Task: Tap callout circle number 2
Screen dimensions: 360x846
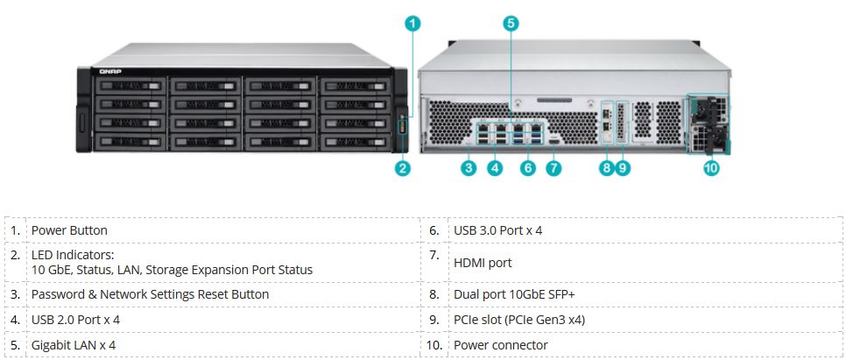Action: coord(403,169)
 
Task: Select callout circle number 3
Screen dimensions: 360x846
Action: coord(469,169)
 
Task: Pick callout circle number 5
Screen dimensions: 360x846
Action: coord(511,25)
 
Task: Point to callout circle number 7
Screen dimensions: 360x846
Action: coord(553,169)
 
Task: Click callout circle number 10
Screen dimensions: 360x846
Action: coord(711,169)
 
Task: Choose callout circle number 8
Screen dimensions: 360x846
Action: coord(606,169)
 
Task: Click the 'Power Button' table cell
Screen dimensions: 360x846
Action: coord(69,230)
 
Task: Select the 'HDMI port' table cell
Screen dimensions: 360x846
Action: coord(483,262)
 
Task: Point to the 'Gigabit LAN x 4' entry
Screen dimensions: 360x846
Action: coord(74,345)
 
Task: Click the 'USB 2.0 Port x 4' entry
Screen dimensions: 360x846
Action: coord(75,320)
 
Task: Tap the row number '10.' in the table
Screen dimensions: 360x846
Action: coord(434,345)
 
